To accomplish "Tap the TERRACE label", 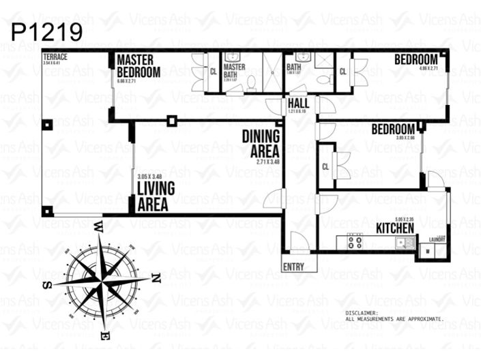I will [54, 57].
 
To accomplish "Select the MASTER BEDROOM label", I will [139, 66].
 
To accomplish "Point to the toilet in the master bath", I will [251, 82].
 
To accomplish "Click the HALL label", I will [298, 103].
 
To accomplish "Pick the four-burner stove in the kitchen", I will [355, 241].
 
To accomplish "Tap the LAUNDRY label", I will [437, 239].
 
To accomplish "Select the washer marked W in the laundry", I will [428, 251].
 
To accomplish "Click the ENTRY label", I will [293, 267].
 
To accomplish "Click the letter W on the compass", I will [98, 225].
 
